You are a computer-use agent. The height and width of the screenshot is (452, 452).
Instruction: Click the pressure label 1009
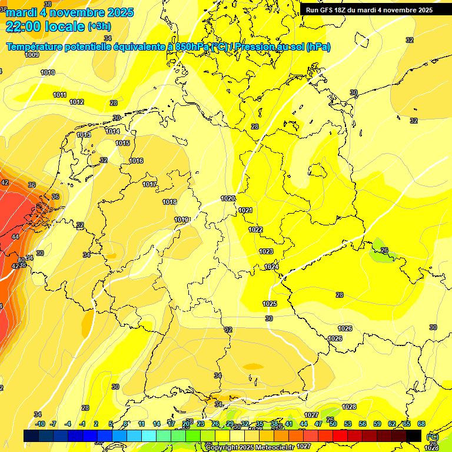32,55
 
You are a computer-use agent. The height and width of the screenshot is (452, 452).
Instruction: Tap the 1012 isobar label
77,102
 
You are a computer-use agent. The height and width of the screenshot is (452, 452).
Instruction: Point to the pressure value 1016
136,161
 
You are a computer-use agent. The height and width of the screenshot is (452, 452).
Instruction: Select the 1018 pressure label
169,202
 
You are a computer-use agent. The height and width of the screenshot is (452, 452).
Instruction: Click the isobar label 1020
228,198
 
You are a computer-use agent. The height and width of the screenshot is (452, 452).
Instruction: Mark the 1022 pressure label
255,230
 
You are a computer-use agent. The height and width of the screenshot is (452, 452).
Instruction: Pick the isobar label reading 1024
271,267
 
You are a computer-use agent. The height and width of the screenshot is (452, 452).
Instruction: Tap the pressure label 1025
270,304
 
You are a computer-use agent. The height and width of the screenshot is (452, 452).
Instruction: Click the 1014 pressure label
113,131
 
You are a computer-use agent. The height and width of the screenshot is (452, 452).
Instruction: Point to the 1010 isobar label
48,72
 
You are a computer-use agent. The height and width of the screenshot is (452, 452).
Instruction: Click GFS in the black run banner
327,10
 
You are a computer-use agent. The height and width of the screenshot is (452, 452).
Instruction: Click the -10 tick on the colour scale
40,424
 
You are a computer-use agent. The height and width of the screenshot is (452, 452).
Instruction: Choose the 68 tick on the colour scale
421,424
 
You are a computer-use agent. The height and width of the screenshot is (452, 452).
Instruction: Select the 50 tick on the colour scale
333,424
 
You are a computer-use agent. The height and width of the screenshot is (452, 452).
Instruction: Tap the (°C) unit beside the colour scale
433,437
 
